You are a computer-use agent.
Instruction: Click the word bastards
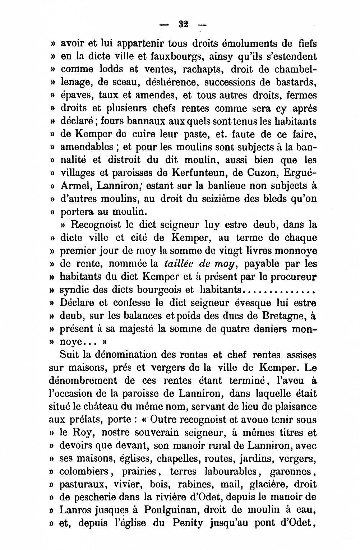pos(296,83)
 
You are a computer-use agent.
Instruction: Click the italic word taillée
pos(178,264)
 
